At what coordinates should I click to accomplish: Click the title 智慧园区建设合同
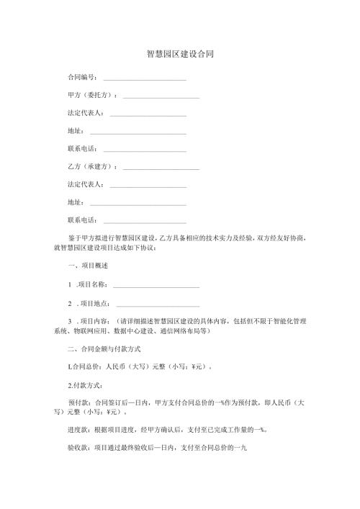[179, 54]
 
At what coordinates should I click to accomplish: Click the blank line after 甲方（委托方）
[161, 97]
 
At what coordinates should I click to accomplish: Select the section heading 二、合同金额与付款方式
[107, 348]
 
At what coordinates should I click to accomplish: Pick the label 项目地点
[94, 303]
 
